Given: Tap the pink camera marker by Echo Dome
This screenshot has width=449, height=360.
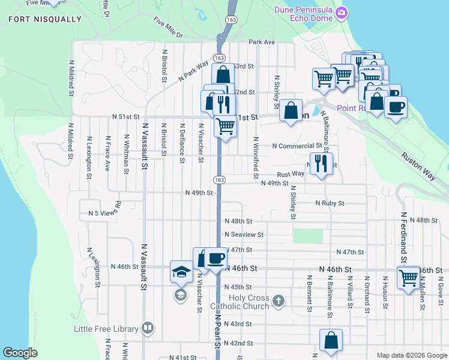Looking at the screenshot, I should click(342, 13).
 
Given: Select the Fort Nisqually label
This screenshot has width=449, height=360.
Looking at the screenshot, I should click(45, 19).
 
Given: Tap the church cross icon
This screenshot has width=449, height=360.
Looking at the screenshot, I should click(278, 300).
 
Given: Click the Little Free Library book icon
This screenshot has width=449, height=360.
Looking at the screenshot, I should click(148, 328).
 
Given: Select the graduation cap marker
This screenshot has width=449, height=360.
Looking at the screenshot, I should click(181, 272).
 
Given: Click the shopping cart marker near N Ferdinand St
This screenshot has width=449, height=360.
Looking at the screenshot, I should click(408, 278).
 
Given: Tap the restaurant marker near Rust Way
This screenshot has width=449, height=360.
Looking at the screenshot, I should click(322, 163).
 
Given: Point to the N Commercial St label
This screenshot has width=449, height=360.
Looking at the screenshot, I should click(297, 146).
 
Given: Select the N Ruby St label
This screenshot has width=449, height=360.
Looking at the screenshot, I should click(330, 203).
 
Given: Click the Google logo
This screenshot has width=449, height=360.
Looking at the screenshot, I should click(20, 353).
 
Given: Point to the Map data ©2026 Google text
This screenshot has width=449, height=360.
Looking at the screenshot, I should click(411, 355).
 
